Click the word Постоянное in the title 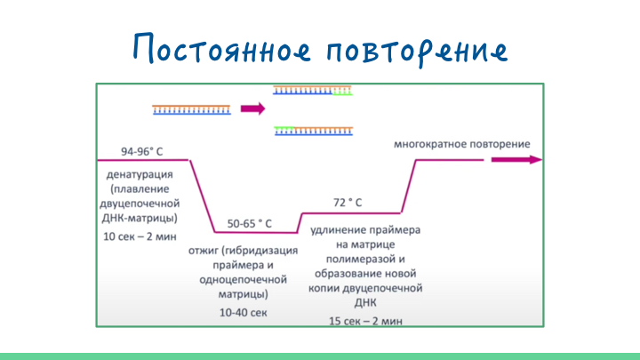[222, 48]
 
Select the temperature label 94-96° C [141, 151]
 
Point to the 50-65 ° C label [250, 224]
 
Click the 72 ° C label [348, 203]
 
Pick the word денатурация [140, 175]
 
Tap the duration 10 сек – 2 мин [140, 236]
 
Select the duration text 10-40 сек [244, 313]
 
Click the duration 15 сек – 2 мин [365, 321]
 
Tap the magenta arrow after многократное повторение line [516, 160]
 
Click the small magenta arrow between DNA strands [253, 108]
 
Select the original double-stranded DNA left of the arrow [191, 109]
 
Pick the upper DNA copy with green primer [312, 90]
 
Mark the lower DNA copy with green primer [314, 131]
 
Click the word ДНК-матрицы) [140, 219]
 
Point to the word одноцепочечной [244, 280]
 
